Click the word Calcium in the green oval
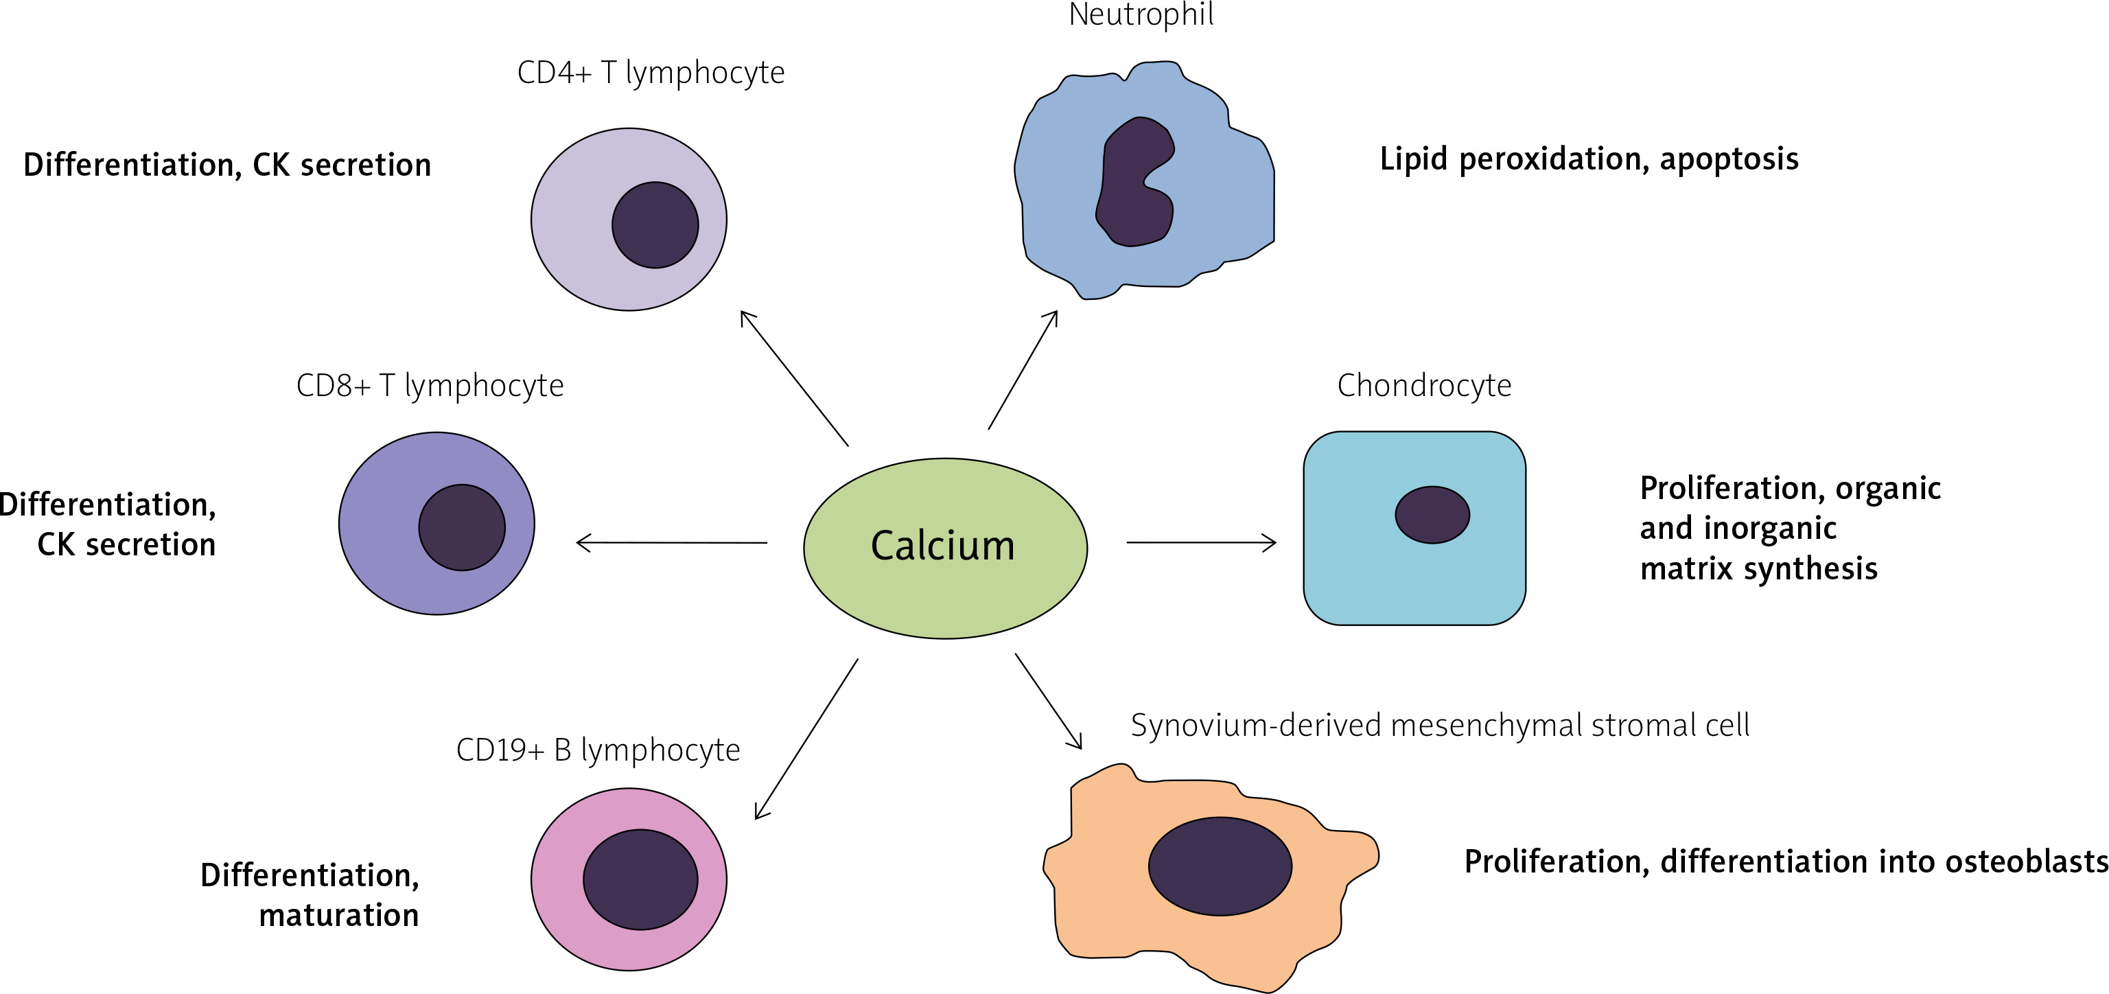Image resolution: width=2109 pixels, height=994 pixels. click(942, 546)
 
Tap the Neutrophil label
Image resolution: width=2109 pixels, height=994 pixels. click(1141, 14)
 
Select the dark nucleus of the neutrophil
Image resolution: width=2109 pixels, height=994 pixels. click(1134, 183)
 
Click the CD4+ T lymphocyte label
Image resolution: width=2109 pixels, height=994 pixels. click(651, 73)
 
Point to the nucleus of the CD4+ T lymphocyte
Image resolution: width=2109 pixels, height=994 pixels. click(655, 225)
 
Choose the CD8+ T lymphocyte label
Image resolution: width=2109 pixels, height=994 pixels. click(430, 386)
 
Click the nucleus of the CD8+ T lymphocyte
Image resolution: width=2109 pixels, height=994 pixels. click(462, 527)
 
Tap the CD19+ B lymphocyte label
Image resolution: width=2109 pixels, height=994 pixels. click(598, 750)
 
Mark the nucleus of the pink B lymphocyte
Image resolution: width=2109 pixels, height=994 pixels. click(640, 879)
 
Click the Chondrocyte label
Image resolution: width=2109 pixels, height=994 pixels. click(1424, 386)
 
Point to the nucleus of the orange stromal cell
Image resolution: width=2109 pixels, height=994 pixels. click(1220, 866)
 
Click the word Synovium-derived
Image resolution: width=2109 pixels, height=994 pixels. click(1256, 726)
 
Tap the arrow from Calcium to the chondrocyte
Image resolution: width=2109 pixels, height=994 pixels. click(1201, 542)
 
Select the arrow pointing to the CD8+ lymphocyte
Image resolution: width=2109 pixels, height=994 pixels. click(671, 542)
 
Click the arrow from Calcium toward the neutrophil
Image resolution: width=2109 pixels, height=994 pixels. click(1023, 370)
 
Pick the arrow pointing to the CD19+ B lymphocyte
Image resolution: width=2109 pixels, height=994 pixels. click(806, 739)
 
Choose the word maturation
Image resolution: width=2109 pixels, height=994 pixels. click(339, 915)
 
